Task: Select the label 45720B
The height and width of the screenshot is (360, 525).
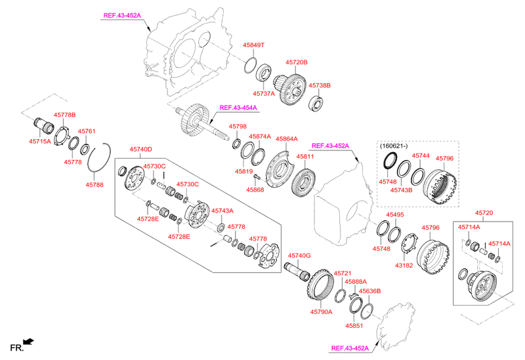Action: [296, 62]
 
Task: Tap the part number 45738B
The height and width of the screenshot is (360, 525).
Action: [319, 85]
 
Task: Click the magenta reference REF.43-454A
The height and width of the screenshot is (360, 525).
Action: [238, 108]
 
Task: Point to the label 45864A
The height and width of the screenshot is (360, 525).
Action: [286, 139]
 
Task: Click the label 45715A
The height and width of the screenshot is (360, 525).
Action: [39, 141]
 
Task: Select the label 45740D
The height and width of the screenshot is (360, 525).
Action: [140, 150]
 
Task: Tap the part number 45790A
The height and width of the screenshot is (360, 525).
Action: [322, 311]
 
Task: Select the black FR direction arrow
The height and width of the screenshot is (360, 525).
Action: [28, 341]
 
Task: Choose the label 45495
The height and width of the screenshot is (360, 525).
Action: [394, 214]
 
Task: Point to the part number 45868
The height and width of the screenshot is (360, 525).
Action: [255, 190]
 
